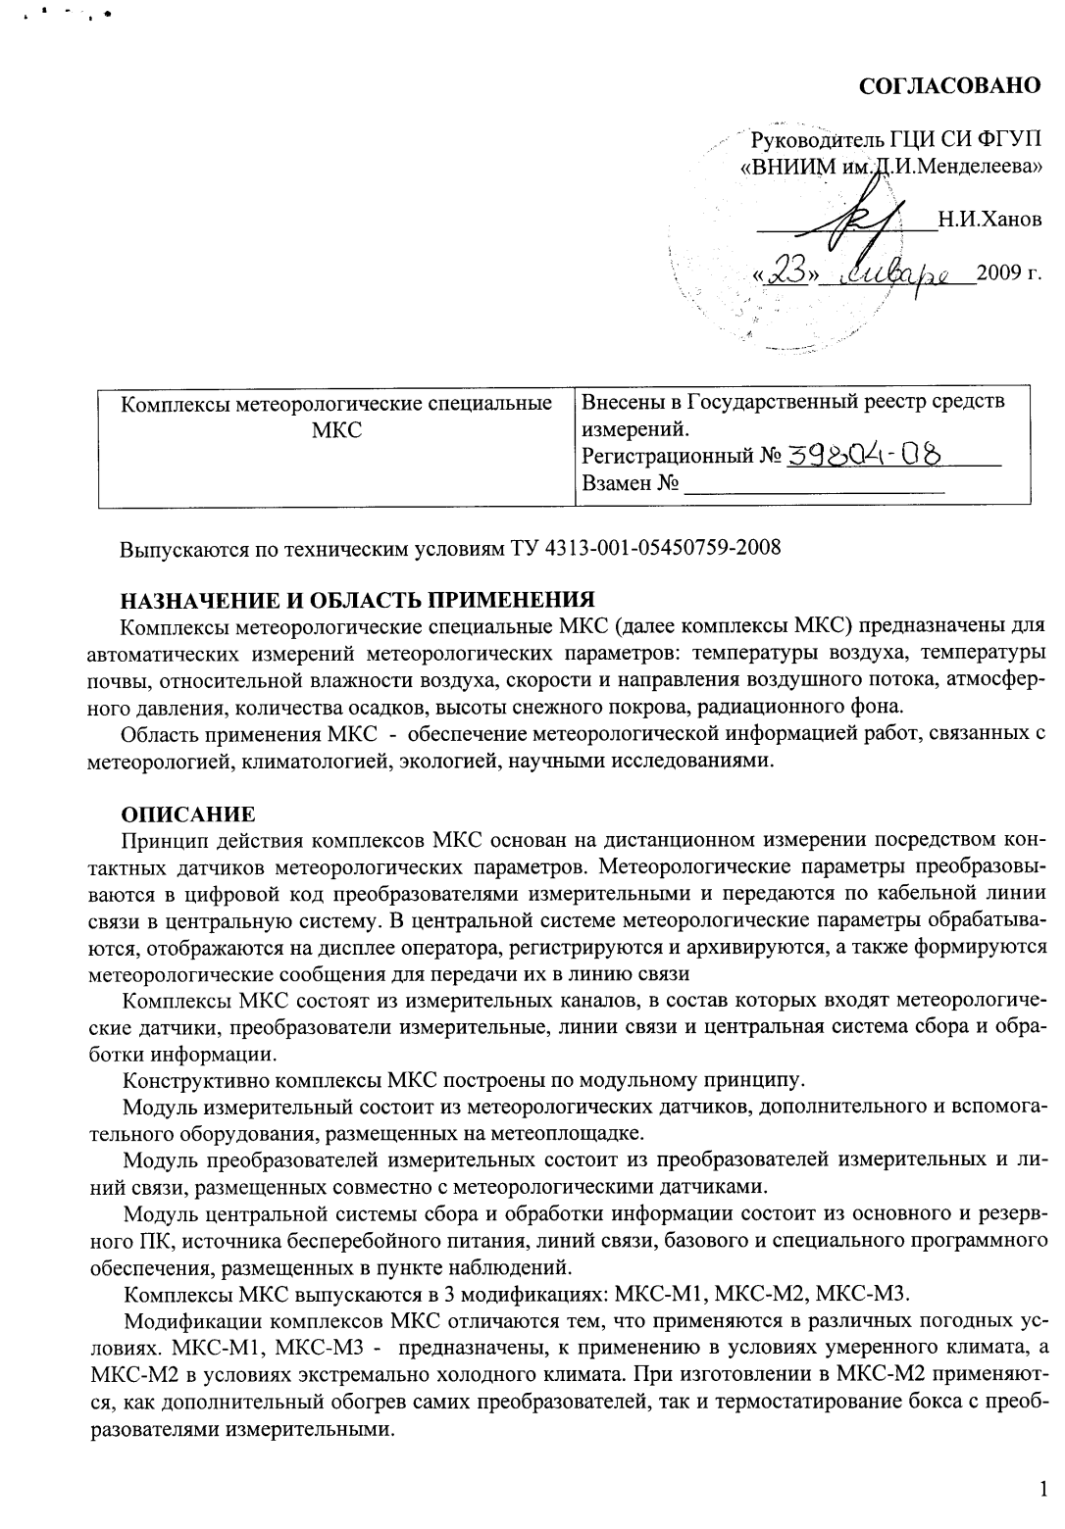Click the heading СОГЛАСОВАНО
tap(949, 86)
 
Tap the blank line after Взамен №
tap(814, 483)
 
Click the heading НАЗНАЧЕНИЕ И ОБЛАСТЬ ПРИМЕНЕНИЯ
tap(357, 599)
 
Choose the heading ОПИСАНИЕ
tap(187, 814)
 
